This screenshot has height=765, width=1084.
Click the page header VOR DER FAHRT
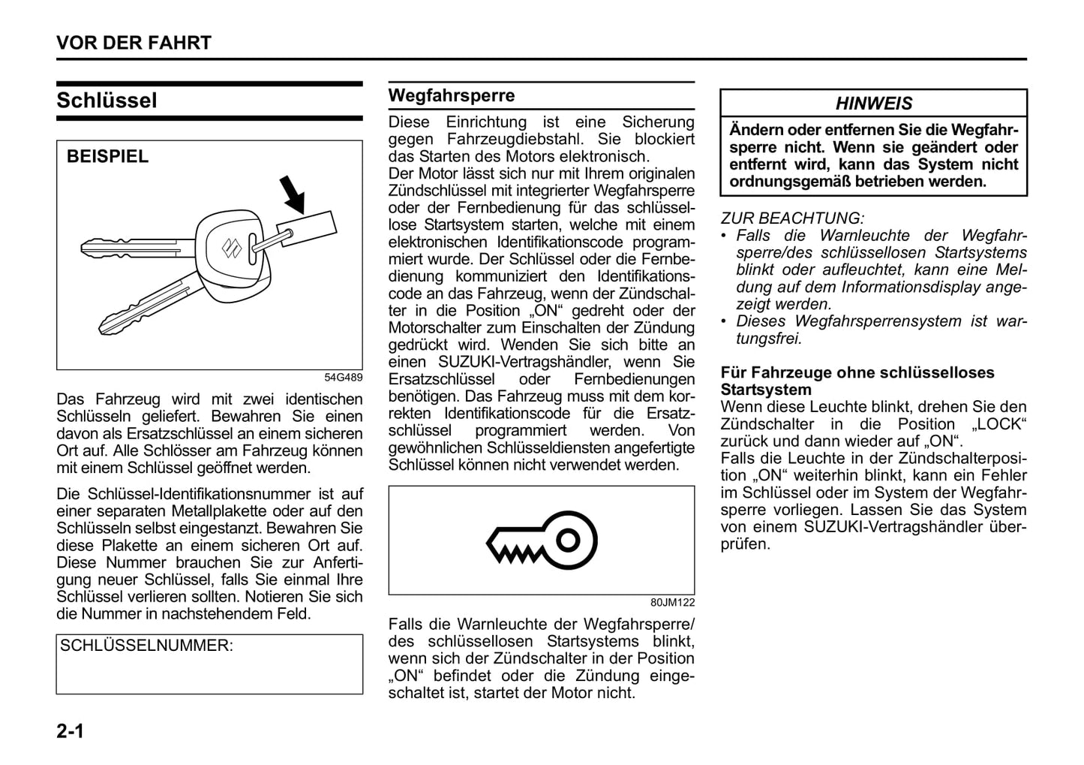click(134, 43)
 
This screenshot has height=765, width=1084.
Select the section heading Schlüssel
click(107, 101)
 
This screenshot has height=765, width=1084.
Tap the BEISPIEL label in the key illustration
click(107, 156)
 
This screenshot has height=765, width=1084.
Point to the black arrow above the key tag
click(293, 194)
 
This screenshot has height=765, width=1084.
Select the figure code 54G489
click(343, 378)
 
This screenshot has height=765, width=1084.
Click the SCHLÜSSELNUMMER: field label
click(146, 646)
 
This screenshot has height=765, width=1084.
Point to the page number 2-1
click(70, 730)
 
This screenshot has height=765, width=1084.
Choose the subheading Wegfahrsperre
click(452, 95)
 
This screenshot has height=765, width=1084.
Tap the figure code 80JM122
click(672, 602)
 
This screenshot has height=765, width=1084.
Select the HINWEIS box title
click(874, 104)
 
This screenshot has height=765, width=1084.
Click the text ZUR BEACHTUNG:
click(792, 218)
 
